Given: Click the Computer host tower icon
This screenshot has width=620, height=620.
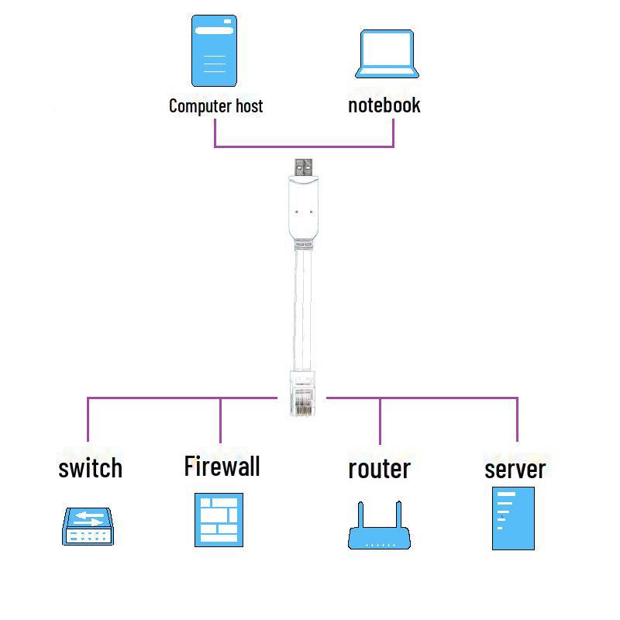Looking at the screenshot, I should [x=215, y=51].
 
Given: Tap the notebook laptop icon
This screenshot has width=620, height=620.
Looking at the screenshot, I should [x=387, y=54].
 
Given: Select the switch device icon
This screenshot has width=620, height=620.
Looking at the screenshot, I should [x=88, y=526].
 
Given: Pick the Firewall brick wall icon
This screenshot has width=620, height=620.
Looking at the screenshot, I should [x=219, y=519].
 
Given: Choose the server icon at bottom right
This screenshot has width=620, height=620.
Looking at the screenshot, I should [x=513, y=518].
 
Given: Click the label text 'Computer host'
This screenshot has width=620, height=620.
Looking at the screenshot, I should [x=215, y=105].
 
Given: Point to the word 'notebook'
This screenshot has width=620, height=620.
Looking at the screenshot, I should [x=384, y=105].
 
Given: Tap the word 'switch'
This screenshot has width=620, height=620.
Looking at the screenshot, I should [x=90, y=467].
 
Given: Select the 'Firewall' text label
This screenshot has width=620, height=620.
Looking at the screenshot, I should [x=222, y=466].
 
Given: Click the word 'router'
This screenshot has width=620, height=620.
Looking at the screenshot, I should [x=379, y=468].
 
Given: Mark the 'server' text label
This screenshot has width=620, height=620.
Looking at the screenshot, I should [x=515, y=468].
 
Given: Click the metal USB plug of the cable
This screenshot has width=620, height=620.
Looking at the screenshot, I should [x=303, y=167].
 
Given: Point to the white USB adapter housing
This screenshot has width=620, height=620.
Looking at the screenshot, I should [x=302, y=209].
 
